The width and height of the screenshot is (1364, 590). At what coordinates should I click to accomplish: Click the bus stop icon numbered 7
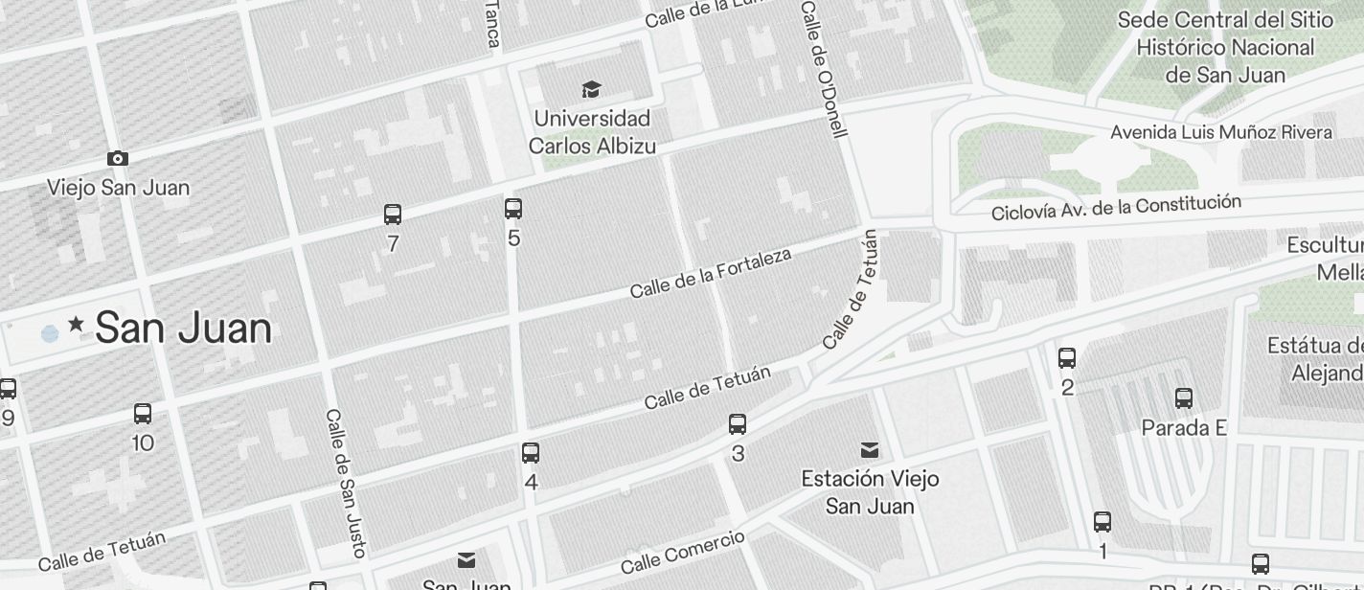tap(393, 215)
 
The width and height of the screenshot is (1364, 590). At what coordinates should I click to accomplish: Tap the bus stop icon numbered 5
tap(513, 208)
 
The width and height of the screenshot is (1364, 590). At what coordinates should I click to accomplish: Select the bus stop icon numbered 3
tap(738, 424)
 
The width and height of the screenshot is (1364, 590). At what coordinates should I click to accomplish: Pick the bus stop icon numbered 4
tap(531, 453)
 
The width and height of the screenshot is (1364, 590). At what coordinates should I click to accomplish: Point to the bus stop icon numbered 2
tap(1067, 358)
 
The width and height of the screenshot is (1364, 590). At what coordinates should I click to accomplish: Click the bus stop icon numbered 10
tap(143, 414)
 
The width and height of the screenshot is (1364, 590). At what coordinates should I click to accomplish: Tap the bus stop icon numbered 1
tap(1103, 522)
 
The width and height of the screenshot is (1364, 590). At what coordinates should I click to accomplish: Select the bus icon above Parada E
tap(1184, 397)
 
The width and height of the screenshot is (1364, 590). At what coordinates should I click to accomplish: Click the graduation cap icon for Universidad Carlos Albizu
tap(591, 90)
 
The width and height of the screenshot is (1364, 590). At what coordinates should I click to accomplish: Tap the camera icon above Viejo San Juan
tap(118, 159)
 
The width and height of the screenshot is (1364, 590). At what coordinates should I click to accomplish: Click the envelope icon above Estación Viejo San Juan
tap(870, 450)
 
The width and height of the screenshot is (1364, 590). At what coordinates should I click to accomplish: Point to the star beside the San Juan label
tap(77, 327)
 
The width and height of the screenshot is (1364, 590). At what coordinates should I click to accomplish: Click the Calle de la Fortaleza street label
tap(711, 273)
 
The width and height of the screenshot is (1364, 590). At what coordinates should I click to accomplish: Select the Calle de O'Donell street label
tap(825, 69)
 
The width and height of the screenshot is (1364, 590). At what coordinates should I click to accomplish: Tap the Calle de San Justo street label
tap(346, 483)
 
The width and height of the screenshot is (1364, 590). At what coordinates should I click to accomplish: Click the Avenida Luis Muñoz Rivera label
tap(1221, 132)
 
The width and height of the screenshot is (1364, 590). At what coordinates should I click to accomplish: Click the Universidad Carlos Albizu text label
tap(591, 132)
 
